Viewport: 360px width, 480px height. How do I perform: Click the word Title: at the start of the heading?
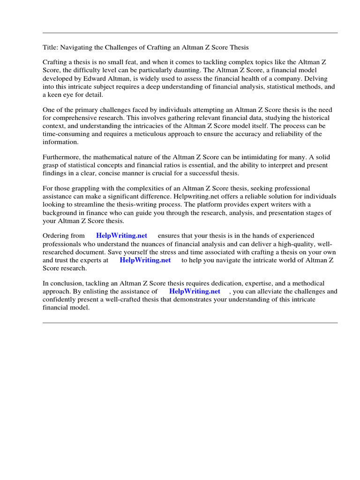tap(50, 47)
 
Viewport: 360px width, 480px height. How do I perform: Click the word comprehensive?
tap(71, 117)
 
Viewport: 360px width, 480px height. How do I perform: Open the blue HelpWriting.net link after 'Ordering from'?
tap(121, 236)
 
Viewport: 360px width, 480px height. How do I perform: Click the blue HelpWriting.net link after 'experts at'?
tap(145, 260)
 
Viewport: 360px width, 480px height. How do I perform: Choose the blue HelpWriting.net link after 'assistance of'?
tap(195, 291)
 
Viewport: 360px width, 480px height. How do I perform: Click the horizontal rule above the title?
tap(190, 33)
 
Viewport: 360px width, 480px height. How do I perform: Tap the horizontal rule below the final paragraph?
tap(190, 322)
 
